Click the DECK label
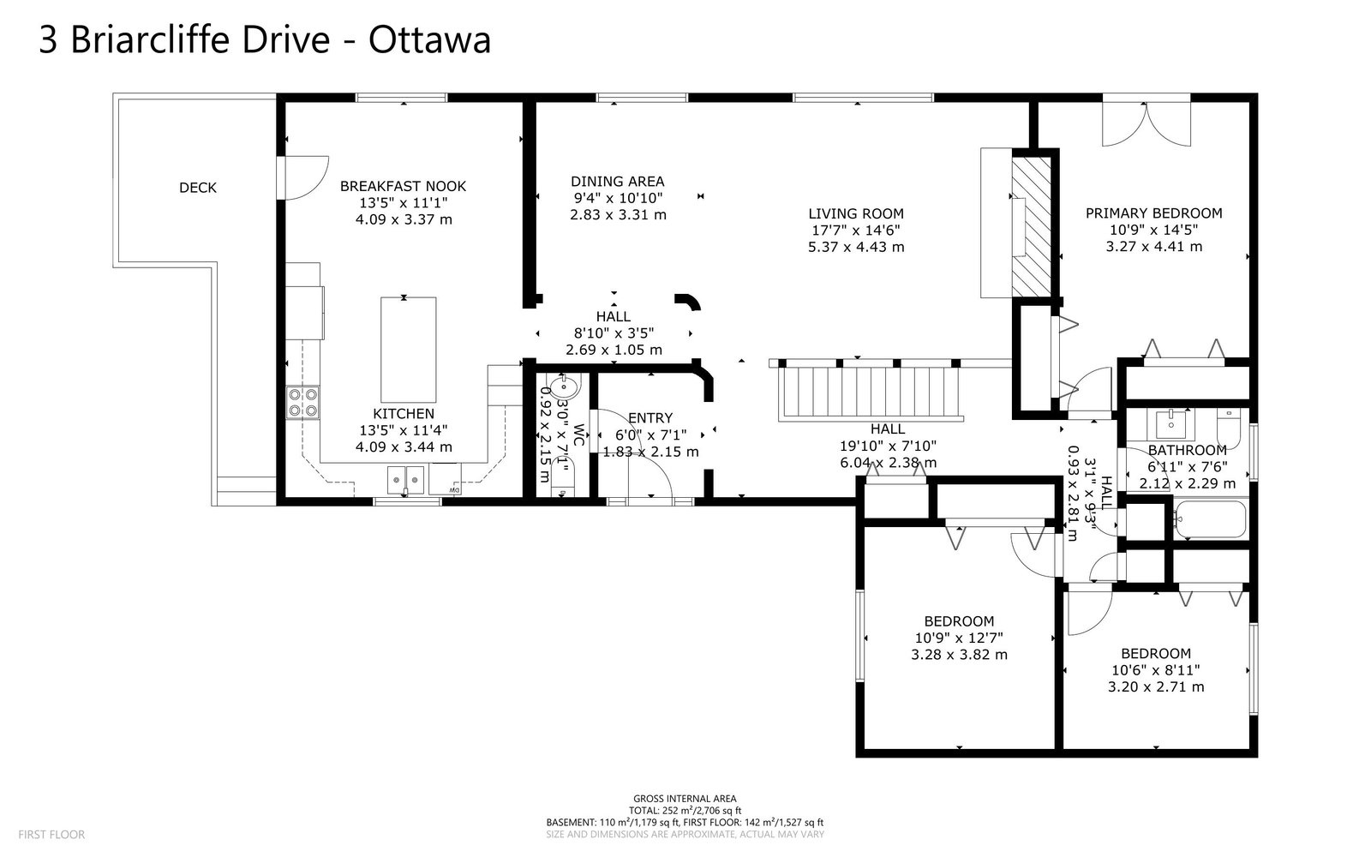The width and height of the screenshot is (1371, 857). point(198,188)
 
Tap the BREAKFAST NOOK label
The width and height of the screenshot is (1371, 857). point(404,186)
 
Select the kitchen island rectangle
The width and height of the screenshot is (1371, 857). point(408,350)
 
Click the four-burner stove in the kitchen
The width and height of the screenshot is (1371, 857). point(303,403)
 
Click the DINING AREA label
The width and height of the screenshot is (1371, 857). point(618,181)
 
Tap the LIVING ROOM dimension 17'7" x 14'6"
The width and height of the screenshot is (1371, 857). point(856,231)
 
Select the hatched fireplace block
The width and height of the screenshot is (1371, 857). point(1032,227)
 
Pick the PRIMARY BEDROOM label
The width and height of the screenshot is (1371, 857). point(1153,213)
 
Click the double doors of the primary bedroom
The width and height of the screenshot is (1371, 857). point(1146,123)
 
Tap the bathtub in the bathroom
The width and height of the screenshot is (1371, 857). point(1210,519)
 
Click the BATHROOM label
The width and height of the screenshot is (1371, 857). point(1187,451)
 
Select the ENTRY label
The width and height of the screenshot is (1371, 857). point(650,418)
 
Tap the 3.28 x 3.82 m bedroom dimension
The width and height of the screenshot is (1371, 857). point(959,655)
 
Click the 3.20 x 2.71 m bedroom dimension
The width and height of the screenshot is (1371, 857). point(1156,686)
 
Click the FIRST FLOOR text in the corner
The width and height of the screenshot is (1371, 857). point(51,835)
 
